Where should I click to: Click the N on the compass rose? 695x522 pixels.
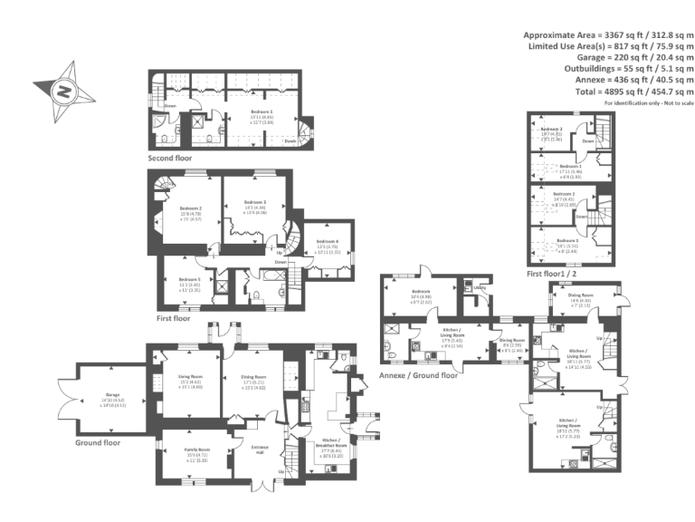tap(63, 91)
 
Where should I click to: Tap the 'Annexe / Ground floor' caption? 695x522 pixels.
tap(418, 374)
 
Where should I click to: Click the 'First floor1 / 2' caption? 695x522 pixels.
tap(554, 273)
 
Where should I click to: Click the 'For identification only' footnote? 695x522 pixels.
tap(649, 101)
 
